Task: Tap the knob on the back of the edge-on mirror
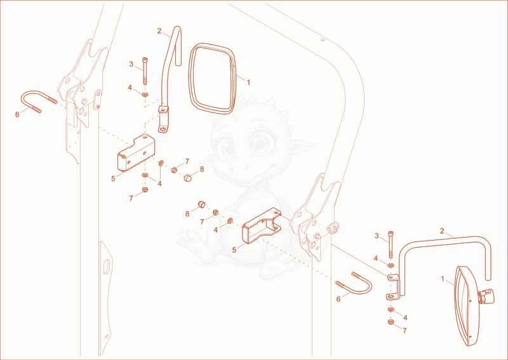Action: click(486, 296)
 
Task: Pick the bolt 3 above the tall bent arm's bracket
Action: click(145, 70)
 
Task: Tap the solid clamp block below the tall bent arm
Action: click(136, 153)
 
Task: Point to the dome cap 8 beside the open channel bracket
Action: click(202, 204)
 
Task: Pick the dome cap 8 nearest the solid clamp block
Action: click(188, 177)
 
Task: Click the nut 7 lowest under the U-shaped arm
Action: click(391, 322)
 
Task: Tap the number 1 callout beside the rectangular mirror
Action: click(248, 83)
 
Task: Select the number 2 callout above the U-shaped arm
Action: click(442, 231)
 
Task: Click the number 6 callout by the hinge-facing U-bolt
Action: click(17, 114)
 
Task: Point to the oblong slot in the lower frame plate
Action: click(106, 267)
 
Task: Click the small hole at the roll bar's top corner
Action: click(323, 40)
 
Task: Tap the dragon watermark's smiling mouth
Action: click(247, 176)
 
